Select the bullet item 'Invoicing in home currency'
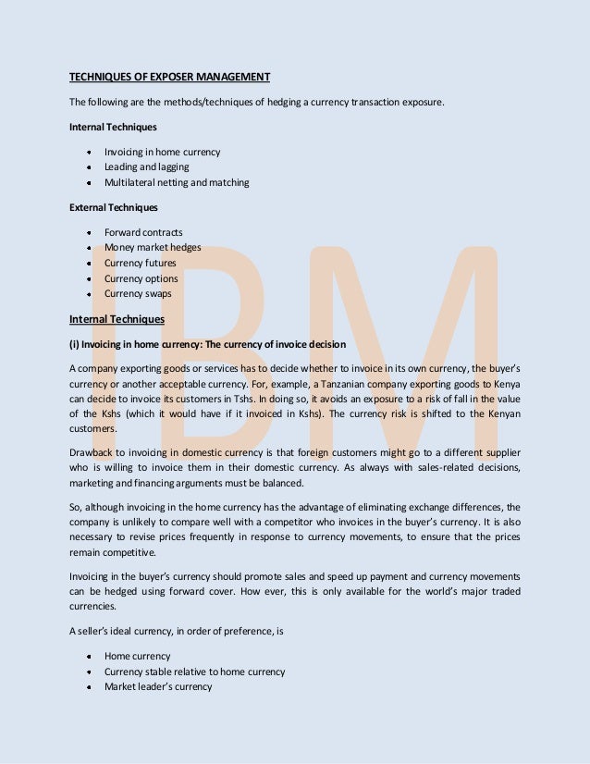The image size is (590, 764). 162,152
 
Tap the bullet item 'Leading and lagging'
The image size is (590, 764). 146,167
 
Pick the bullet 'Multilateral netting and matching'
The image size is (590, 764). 177,183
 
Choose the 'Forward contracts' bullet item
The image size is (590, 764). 143,233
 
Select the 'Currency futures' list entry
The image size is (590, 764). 140,264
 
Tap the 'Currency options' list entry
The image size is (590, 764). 141,278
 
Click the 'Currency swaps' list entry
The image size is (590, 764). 138,294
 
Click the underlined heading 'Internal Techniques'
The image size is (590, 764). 117,320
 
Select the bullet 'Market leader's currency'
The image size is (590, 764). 158,687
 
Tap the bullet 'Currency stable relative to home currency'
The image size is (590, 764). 194,672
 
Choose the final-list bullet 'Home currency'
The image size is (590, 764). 137,657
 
